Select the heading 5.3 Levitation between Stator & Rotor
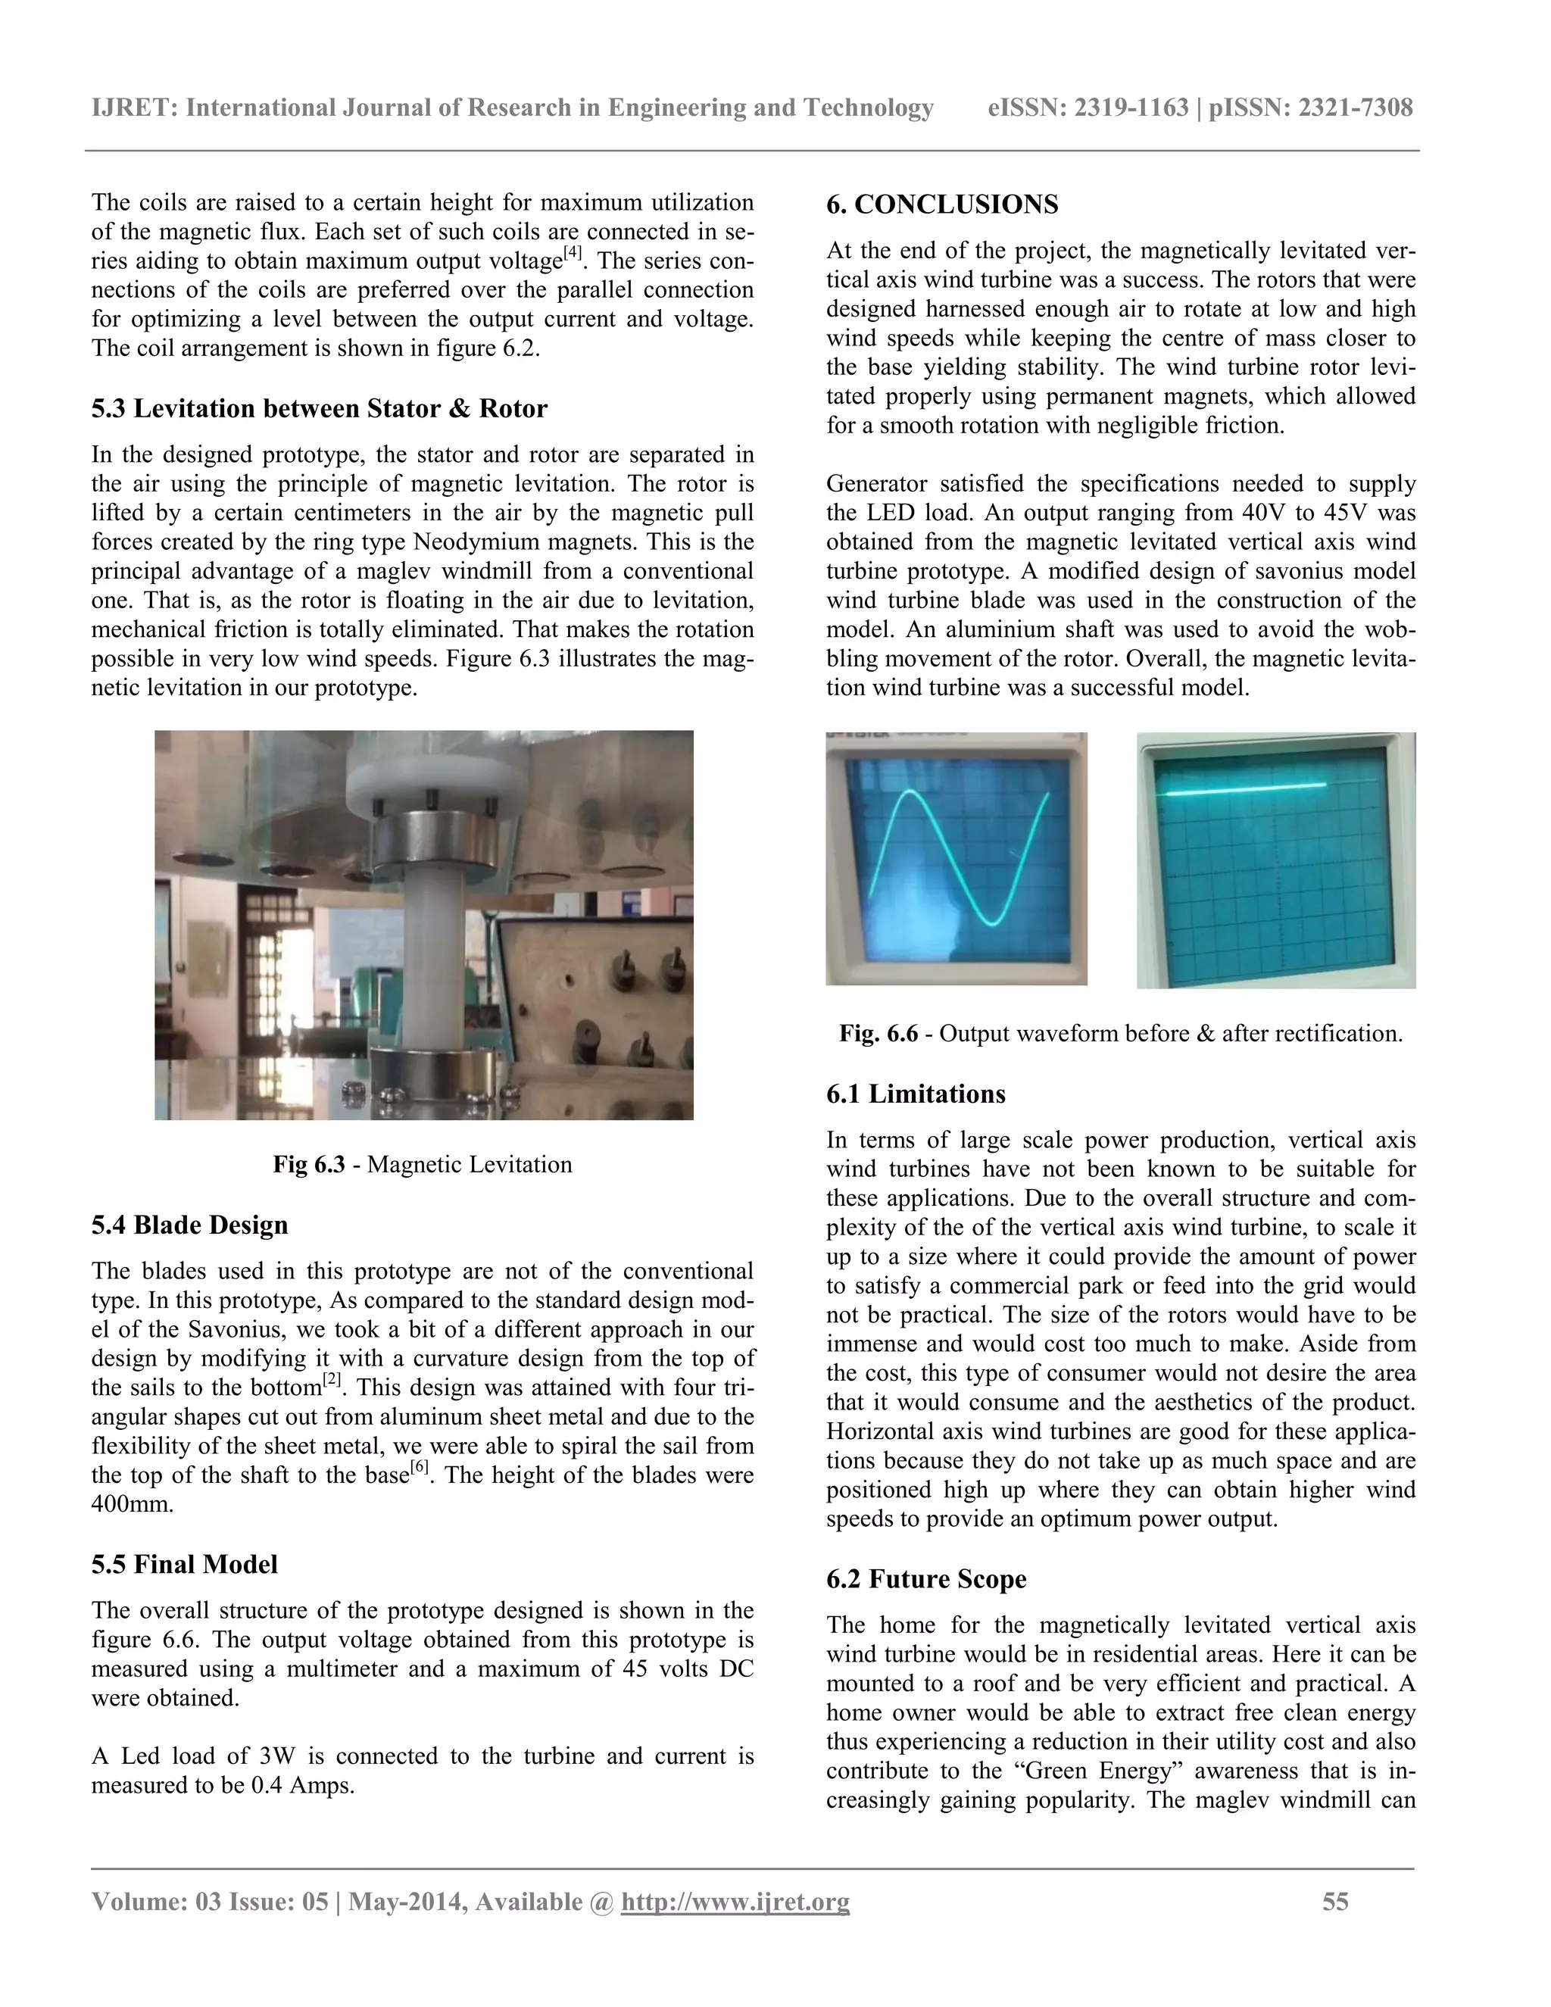(x=319, y=408)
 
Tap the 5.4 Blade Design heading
(x=189, y=1224)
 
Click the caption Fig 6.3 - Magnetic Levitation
(x=422, y=1164)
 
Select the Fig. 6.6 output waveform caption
(x=1120, y=1033)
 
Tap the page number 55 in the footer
(x=1335, y=1901)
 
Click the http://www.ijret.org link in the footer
(x=735, y=1901)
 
